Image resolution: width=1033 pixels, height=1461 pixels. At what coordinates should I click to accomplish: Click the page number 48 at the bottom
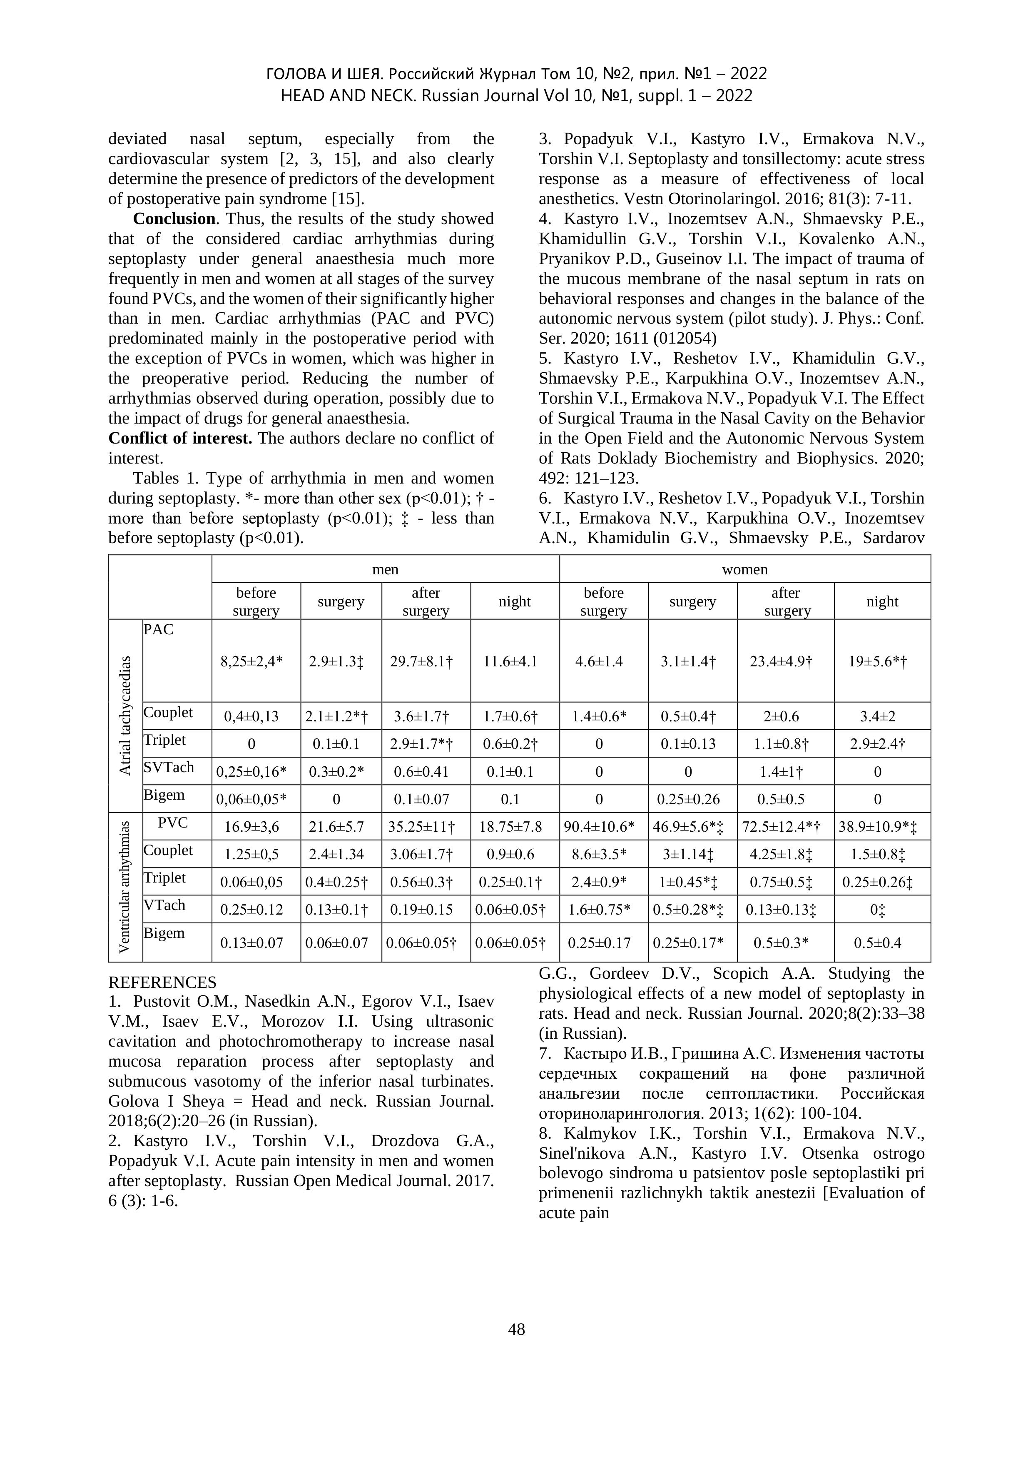click(x=516, y=1329)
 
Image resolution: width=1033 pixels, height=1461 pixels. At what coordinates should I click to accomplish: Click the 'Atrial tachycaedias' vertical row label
click(x=125, y=715)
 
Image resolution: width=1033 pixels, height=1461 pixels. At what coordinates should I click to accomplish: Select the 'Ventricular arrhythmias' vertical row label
click(x=125, y=886)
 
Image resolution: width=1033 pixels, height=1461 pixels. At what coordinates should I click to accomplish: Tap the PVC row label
click(x=173, y=823)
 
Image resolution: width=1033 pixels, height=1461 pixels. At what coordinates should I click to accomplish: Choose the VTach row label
click(x=165, y=905)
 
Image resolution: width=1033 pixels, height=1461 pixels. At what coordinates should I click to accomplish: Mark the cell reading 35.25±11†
click(x=426, y=827)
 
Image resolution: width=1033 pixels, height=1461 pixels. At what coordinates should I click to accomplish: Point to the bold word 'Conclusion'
click(x=174, y=219)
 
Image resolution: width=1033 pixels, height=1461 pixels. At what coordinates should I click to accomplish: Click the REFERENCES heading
click(x=162, y=982)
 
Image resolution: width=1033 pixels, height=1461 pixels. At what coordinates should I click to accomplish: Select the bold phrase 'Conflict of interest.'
click(x=180, y=439)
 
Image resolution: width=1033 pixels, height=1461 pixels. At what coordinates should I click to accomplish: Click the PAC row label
click(x=158, y=629)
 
